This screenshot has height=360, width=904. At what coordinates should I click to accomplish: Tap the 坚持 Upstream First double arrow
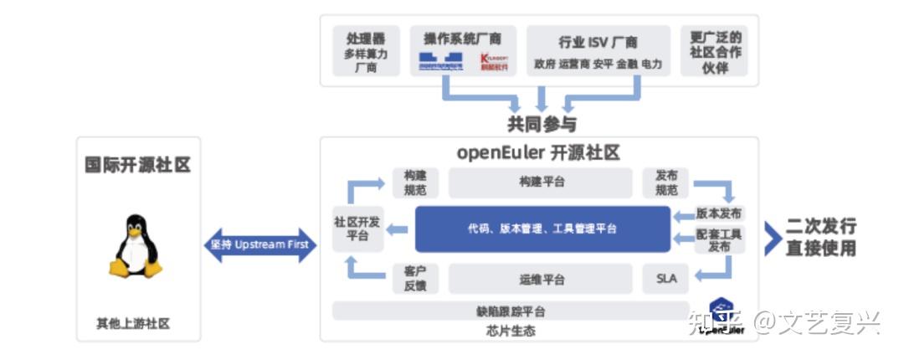pos(260,244)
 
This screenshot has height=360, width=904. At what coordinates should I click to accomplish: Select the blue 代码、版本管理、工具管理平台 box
pos(542,229)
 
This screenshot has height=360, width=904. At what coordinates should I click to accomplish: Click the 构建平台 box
pos(541,182)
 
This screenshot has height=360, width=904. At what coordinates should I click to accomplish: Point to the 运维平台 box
pos(541,279)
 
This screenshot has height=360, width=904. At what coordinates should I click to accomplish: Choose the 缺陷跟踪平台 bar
pos(511,311)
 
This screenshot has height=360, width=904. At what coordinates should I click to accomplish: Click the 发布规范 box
pos(666,183)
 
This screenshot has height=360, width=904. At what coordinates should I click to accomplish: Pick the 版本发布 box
pos(718,213)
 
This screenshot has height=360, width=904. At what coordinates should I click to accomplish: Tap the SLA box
pos(666,279)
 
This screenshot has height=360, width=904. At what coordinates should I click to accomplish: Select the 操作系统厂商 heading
pos(463,38)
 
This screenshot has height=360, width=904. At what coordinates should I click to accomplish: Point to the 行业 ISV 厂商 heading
pos(598,41)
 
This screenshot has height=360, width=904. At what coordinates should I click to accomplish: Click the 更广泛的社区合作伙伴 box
pos(716,51)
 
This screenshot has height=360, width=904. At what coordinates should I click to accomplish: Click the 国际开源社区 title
pos(138,164)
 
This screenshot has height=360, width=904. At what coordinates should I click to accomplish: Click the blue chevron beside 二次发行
pos(772,238)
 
